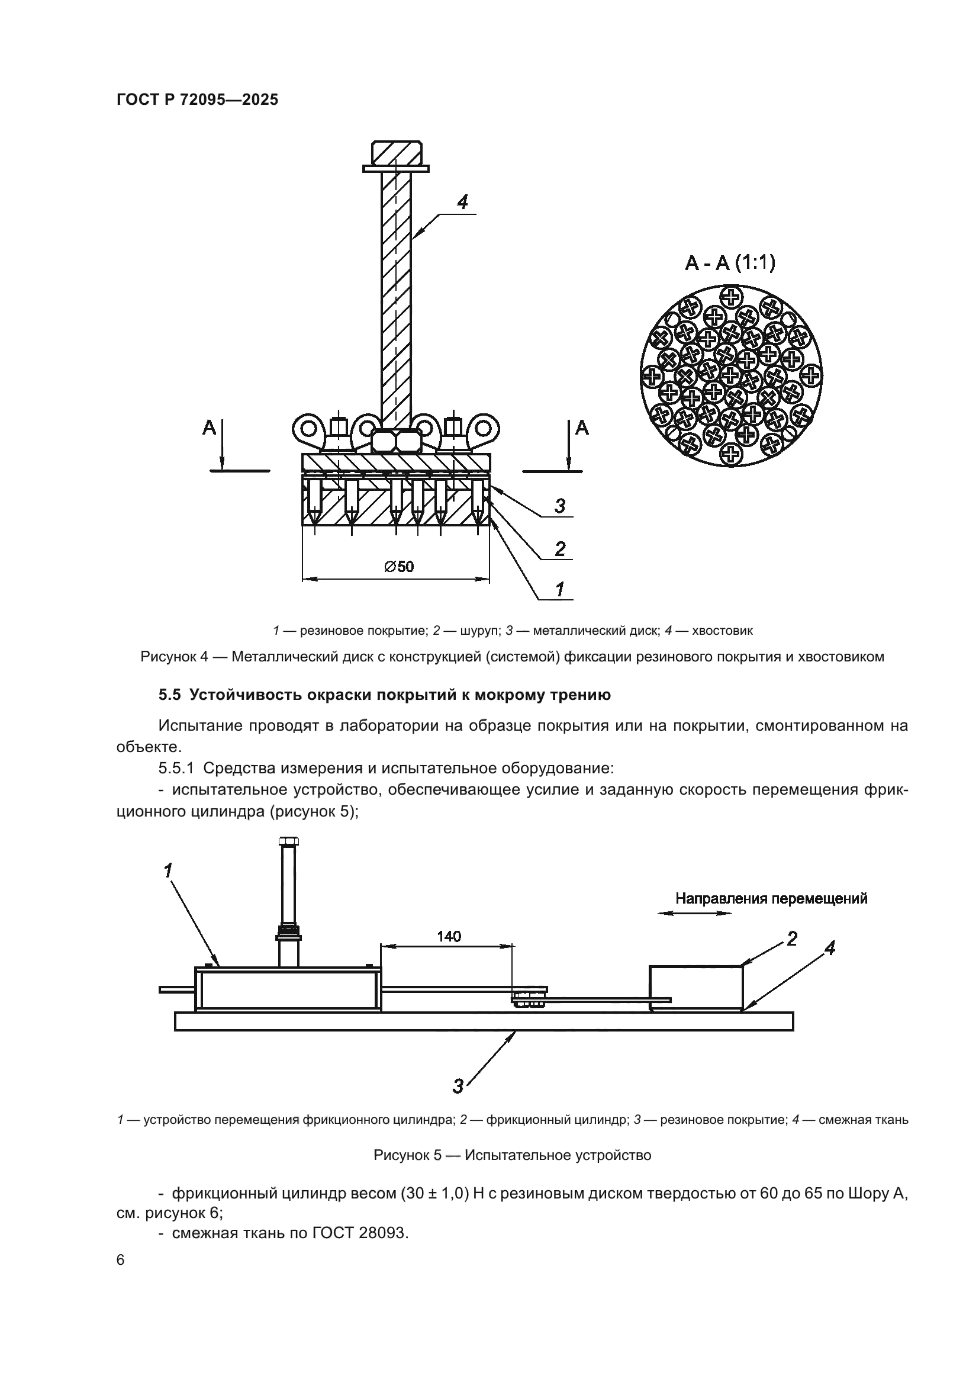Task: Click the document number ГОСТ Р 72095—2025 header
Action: (x=197, y=99)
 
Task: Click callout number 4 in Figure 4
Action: (x=462, y=202)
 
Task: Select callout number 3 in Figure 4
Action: (x=560, y=506)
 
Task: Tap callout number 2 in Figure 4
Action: (x=560, y=549)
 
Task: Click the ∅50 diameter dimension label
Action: (x=398, y=567)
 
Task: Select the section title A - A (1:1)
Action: (x=730, y=263)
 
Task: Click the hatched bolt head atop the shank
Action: (x=397, y=153)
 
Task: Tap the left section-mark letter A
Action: (x=209, y=428)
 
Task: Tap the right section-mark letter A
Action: (x=582, y=428)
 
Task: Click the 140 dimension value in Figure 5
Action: (x=449, y=936)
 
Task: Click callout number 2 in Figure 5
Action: (x=791, y=939)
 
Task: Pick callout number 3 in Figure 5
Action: (x=458, y=1087)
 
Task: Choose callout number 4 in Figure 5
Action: (x=830, y=949)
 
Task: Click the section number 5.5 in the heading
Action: (x=169, y=695)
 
